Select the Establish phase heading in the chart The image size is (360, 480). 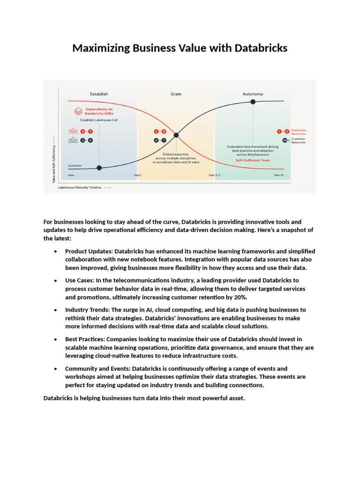click(x=99, y=94)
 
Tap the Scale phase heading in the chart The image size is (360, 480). click(x=176, y=94)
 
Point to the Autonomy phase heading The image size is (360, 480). click(x=253, y=94)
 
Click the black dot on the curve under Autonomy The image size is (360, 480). click(x=253, y=101)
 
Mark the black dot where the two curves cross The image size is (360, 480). click(x=176, y=135)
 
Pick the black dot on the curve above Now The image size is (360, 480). click(x=99, y=168)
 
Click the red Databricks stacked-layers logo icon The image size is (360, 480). click(x=78, y=111)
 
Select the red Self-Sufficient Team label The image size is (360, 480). click(x=253, y=160)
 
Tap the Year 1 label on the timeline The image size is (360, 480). click(x=137, y=175)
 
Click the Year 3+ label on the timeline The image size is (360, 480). click(x=279, y=175)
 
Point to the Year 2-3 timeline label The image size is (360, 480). click(x=214, y=175)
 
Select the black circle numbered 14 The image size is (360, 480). click(x=285, y=140)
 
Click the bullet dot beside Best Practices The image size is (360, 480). click(x=56, y=339)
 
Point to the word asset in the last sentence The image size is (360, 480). click(x=235, y=398)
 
